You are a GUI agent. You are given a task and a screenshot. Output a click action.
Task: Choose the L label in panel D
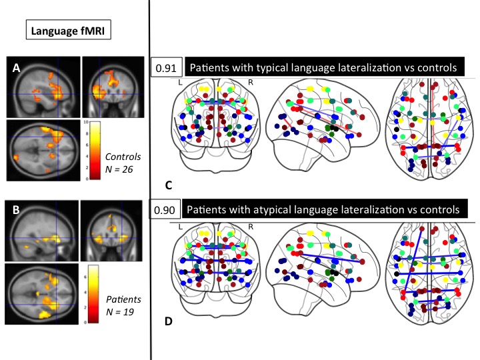[x=179, y=227]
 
